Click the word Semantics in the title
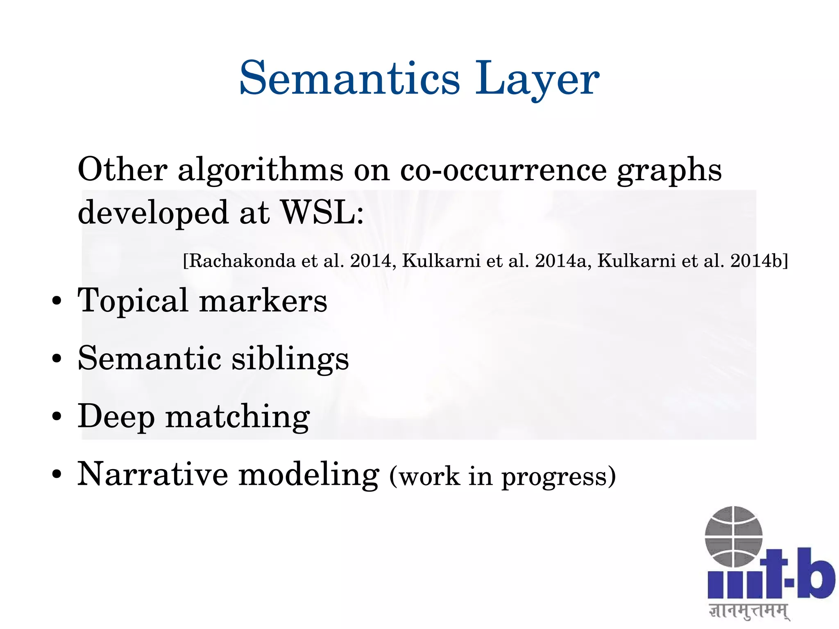coord(349,78)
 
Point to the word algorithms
coord(261,170)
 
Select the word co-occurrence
coord(503,170)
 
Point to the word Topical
coord(133,301)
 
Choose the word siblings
coord(290,359)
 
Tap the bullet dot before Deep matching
coord(57,417)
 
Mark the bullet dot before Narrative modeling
coord(57,475)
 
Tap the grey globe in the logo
coord(733,536)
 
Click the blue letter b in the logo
coord(815,574)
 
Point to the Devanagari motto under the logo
coord(748,611)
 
